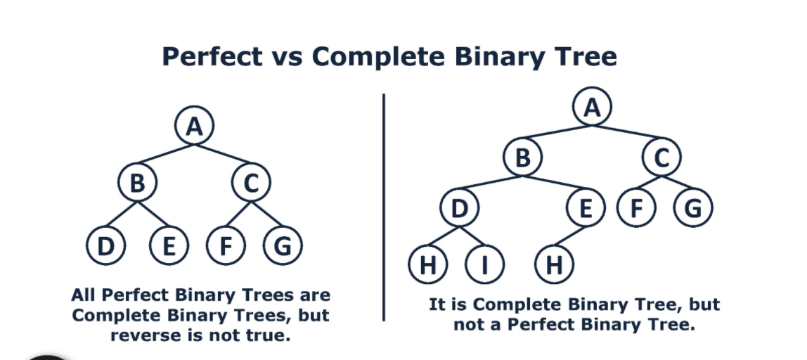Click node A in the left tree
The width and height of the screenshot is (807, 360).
(x=195, y=127)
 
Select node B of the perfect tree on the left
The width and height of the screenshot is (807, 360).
(x=137, y=184)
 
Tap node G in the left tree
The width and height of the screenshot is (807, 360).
(x=282, y=246)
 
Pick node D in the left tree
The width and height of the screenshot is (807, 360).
(x=106, y=246)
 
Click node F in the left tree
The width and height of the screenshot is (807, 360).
(x=226, y=246)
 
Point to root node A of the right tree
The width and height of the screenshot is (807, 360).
(x=593, y=108)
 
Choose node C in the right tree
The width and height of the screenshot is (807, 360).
(x=661, y=159)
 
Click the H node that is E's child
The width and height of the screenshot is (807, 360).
(x=555, y=264)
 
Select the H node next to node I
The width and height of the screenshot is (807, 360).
(x=428, y=264)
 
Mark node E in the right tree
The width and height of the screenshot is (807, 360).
(x=585, y=209)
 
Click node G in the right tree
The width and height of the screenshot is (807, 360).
(x=692, y=209)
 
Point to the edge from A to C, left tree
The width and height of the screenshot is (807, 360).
(x=224, y=156)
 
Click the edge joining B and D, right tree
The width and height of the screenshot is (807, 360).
(x=491, y=184)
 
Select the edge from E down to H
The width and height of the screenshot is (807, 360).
(x=570, y=236)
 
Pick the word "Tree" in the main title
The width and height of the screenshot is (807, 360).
(x=582, y=56)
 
